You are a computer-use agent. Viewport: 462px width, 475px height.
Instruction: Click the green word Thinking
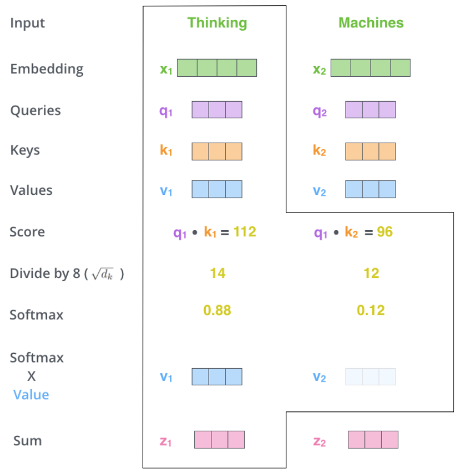coord(217,23)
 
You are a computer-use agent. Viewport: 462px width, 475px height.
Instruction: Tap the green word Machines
coord(371,23)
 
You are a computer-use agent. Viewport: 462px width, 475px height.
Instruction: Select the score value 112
coord(245,232)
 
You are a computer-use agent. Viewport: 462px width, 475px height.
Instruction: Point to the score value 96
coord(385,232)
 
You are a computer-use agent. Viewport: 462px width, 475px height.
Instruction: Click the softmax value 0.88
coord(217,310)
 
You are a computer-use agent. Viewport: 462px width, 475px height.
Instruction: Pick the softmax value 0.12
coord(371,310)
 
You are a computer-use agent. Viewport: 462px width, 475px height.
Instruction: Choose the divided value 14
coord(218,273)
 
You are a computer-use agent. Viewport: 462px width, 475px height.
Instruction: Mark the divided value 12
coord(371,273)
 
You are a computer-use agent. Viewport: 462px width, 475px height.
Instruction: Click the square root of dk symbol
coord(103,274)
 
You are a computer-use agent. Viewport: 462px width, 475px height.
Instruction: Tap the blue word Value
coord(31,395)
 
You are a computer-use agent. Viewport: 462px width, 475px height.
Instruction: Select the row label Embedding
coord(47,69)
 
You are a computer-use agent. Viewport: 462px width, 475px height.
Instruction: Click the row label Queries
coord(35,111)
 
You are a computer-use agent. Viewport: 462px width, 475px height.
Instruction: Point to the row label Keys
coord(25,150)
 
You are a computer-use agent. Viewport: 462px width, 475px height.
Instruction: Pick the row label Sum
coord(27,441)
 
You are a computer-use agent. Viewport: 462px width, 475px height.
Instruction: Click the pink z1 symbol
coord(165,441)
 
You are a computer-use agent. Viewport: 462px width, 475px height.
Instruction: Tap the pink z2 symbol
coord(319,441)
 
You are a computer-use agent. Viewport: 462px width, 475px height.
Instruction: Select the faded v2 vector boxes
coord(371,377)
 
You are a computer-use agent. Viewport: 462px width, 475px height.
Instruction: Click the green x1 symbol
coord(166,70)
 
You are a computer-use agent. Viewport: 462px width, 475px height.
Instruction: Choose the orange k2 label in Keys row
coord(319,150)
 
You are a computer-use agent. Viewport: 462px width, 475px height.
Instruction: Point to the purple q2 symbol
coord(319,112)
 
